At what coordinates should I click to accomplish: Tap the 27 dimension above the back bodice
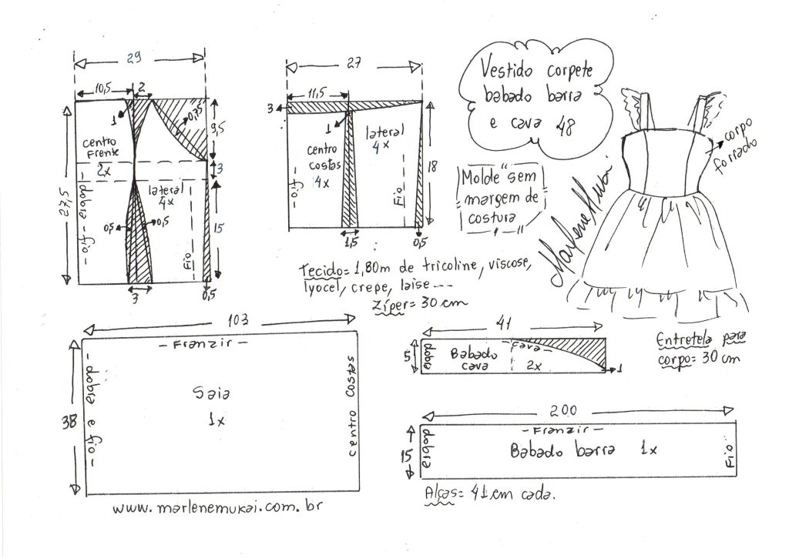coord(354,65)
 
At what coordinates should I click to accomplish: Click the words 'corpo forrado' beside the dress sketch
coord(740,137)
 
